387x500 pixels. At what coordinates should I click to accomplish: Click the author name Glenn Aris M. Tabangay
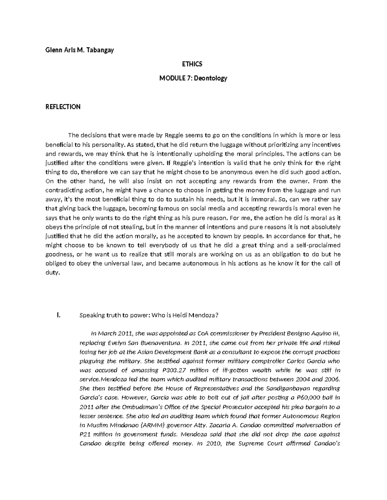click(x=79, y=50)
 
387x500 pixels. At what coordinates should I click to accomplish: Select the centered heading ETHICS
click(x=193, y=64)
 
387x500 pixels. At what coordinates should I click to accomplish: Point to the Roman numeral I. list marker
click(x=58, y=315)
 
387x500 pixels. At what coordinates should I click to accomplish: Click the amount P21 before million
click(x=84, y=434)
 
